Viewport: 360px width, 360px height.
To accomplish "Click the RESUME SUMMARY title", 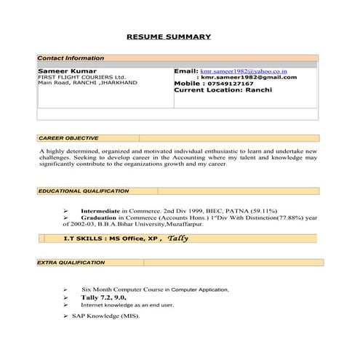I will coord(169,36).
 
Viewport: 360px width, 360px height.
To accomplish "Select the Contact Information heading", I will coord(71,58).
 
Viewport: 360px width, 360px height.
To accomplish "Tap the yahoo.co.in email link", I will coord(244,71).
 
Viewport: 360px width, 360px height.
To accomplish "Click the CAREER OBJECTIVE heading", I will coord(68,137).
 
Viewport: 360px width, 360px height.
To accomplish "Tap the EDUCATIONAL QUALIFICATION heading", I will coord(83,191).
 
